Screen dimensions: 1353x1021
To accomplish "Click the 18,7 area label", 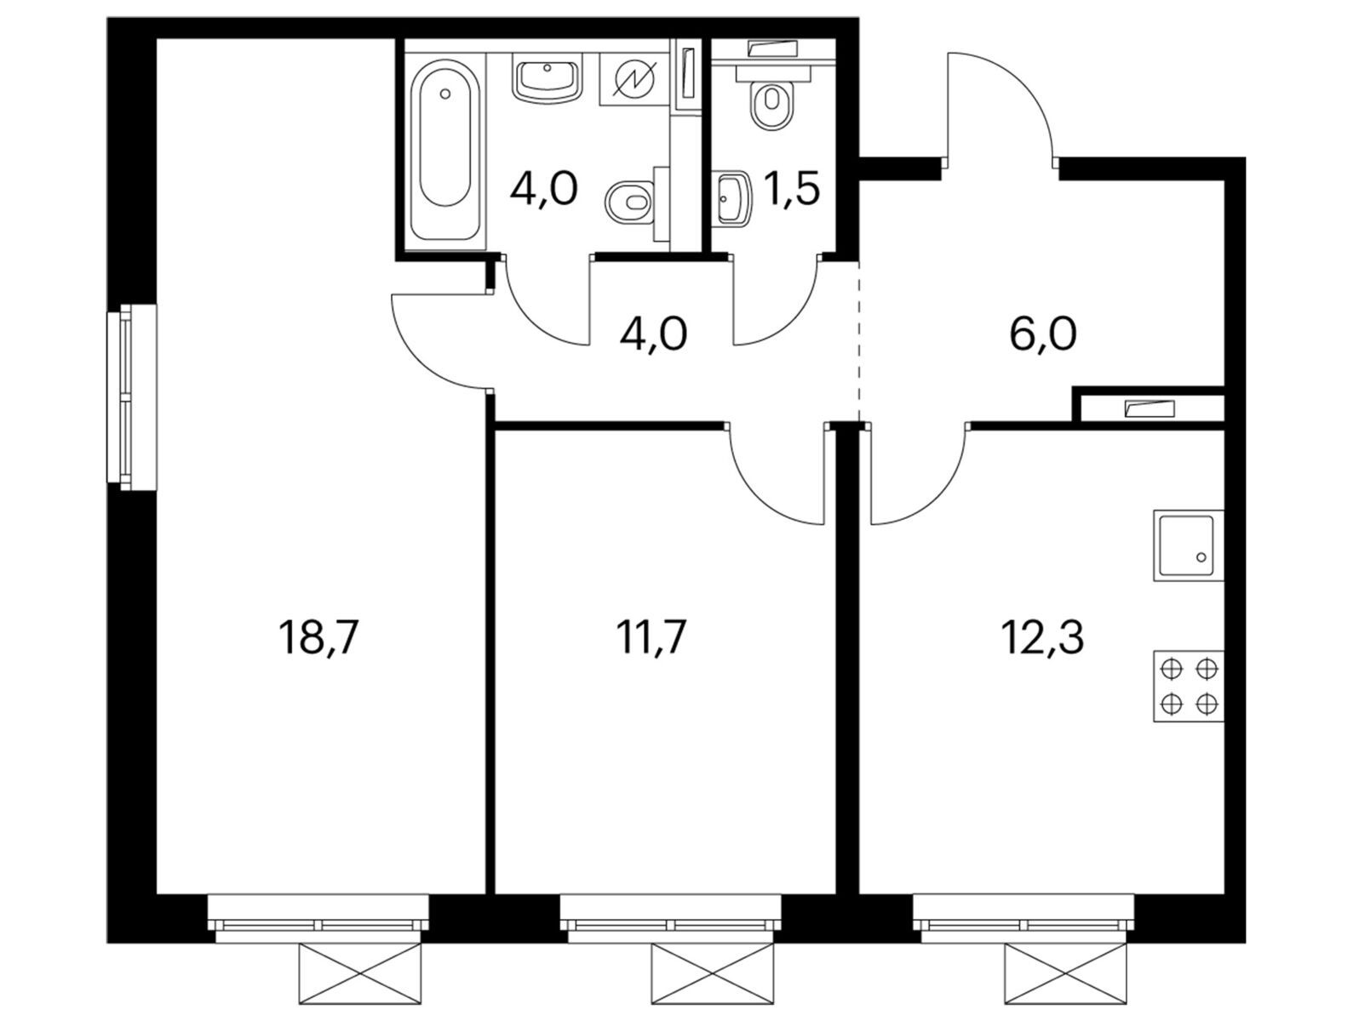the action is (318, 637).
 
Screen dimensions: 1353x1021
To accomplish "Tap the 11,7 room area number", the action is (651, 637).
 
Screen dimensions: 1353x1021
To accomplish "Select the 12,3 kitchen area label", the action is (1041, 637).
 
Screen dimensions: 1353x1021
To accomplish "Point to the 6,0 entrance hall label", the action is (1043, 334).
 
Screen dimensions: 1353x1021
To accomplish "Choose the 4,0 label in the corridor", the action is (653, 334).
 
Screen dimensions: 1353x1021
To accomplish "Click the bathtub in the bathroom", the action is (445, 151).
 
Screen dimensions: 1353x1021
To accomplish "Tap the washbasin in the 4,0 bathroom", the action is (547, 79).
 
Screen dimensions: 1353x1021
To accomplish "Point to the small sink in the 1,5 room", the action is (734, 197).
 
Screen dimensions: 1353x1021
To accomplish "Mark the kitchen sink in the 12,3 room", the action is (1188, 545).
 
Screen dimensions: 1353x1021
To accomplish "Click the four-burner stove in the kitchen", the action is (1188, 686).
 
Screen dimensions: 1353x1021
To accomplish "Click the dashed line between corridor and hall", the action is (858, 341).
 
